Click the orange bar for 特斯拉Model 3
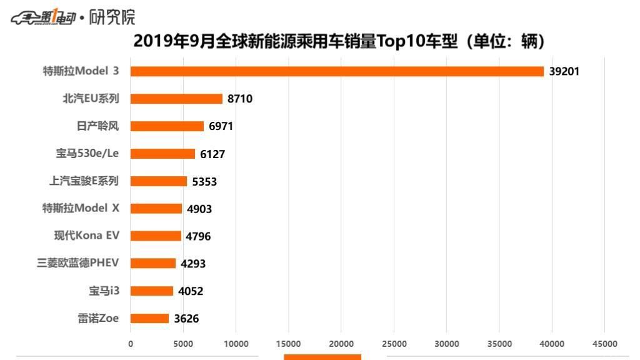tap(337, 71)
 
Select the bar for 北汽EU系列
tap(176, 99)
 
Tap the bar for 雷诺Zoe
tap(149, 318)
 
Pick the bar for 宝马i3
tap(152, 291)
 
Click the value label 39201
tap(564, 71)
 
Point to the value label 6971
tap(221, 126)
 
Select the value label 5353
tap(204, 181)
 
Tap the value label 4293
tap(193, 264)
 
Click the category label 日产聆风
tap(97, 126)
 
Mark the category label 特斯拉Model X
tap(81, 208)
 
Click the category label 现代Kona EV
tap(86, 236)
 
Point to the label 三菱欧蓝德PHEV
tap(78, 263)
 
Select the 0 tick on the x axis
tap(130, 344)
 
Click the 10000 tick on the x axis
tap(236, 344)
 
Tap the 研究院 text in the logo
tap(112, 17)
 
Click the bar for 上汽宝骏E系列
tap(159, 181)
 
